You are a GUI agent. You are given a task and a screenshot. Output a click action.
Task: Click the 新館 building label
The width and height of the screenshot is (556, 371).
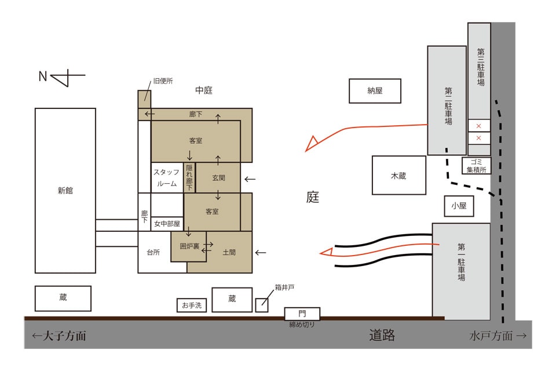pos(65,190)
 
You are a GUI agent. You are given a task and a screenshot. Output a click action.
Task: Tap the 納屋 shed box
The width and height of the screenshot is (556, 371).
pos(375,91)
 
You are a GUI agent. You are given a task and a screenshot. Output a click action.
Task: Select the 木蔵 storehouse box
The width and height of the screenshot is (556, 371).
pos(398,175)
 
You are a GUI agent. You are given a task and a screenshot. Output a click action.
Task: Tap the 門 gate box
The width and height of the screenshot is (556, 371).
pos(302,313)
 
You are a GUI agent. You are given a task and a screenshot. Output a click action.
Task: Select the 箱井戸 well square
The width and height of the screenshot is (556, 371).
pos(262,304)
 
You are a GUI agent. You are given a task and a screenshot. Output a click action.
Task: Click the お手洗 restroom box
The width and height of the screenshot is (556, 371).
pos(192,305)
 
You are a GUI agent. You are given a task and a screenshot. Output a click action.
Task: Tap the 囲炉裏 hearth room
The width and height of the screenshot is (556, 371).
pos(189,246)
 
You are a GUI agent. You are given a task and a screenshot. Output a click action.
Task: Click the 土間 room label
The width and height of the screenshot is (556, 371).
pos(229,252)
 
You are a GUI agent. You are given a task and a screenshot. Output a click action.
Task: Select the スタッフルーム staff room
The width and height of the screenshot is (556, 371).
pos(167,177)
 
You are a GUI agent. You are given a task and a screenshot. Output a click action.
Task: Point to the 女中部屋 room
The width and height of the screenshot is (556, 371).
pos(167,224)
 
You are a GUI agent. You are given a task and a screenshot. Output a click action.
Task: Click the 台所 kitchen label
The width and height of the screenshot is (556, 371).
pos(153,252)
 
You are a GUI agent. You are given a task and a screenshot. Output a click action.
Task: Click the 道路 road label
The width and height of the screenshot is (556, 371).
pos(382,335)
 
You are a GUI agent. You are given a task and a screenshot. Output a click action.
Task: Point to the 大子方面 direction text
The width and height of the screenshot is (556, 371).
pos(59,336)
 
